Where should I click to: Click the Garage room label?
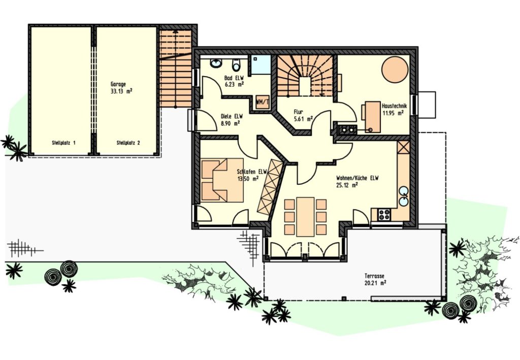point(118,84)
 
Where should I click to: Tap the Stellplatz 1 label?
point(63,143)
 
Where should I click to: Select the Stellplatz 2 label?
point(128,143)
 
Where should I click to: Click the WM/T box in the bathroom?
point(262,102)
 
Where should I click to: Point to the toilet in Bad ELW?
point(236,65)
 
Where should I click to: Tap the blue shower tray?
point(261,64)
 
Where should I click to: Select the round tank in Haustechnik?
point(395,69)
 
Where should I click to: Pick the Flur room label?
point(298,112)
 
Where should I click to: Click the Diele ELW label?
point(232,117)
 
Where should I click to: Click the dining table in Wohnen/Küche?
point(305,217)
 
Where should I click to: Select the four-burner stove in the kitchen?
point(384,214)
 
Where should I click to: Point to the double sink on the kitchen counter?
point(404,196)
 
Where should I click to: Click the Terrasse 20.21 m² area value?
point(375,283)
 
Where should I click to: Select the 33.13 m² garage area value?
point(121,91)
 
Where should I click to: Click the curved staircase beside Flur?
point(305,76)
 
